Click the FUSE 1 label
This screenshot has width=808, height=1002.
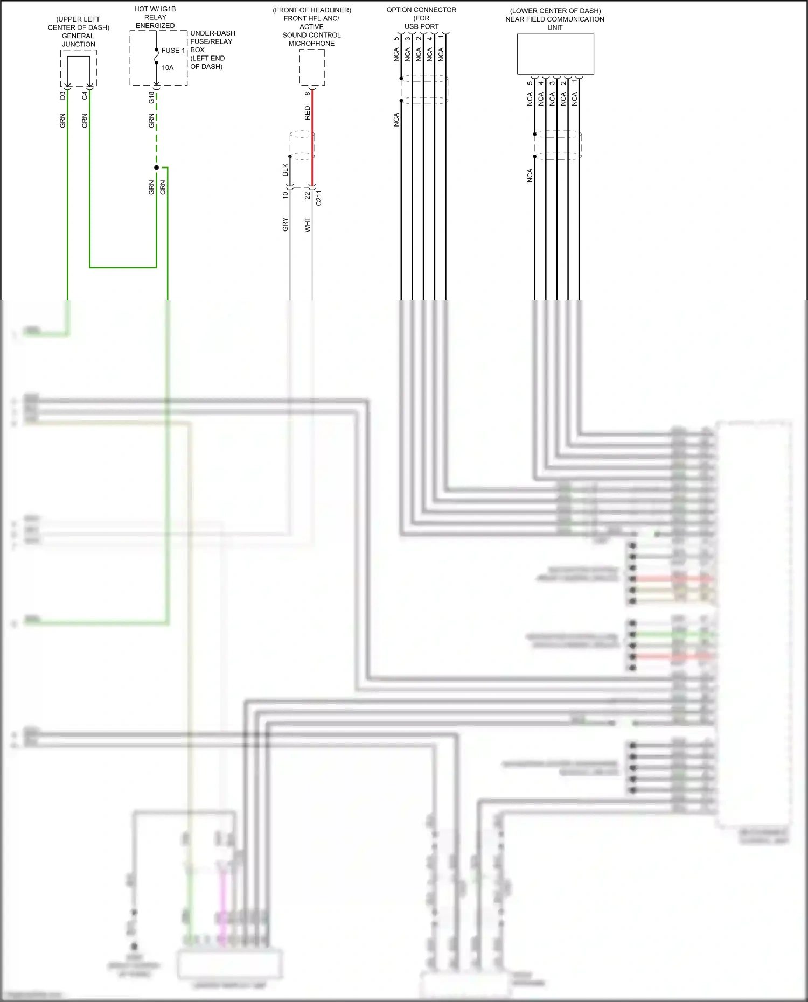coord(173,51)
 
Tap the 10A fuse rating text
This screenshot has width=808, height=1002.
coord(168,68)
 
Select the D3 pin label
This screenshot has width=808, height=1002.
coord(62,95)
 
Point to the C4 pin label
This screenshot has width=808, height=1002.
coord(85,95)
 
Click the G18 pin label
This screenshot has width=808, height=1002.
coord(151,97)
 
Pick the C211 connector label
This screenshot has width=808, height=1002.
coord(319,198)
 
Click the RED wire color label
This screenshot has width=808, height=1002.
coord(308,113)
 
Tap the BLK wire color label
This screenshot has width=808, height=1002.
coord(285,170)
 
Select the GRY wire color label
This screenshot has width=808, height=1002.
coord(285,225)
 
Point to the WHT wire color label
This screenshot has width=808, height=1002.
coord(308,225)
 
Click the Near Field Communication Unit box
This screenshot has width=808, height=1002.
coord(555,54)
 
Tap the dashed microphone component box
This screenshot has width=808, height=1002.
coord(312,67)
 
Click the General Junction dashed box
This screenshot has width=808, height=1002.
coord(79,68)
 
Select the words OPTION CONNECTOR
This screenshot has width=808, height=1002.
coord(421,10)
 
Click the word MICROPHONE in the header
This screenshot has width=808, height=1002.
coord(311,44)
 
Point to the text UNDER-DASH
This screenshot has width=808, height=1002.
coord(213,33)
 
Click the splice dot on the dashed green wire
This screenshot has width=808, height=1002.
coord(157,167)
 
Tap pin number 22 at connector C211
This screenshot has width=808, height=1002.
coord(308,196)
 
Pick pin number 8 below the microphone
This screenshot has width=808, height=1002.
coord(308,94)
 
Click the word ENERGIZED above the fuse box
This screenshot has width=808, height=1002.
coord(155,26)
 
